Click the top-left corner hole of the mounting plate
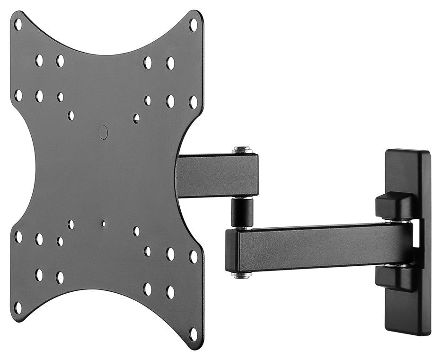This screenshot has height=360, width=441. pos(18,24)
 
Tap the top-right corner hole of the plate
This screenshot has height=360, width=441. pos(193,24)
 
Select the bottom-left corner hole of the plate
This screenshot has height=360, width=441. pos(18,307)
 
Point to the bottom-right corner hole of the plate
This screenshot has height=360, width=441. pos(193,334)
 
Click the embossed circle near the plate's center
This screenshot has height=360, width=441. pos(103,132)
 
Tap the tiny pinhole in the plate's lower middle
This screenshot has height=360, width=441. pos(103,223)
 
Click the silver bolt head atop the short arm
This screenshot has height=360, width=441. pos(242,150)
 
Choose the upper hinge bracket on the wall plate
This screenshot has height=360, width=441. pos(394,206)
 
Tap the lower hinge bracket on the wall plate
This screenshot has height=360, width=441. pos(394,279)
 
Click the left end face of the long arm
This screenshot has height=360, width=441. pos(231,251)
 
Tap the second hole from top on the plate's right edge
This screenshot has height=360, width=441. pos(193,102)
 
